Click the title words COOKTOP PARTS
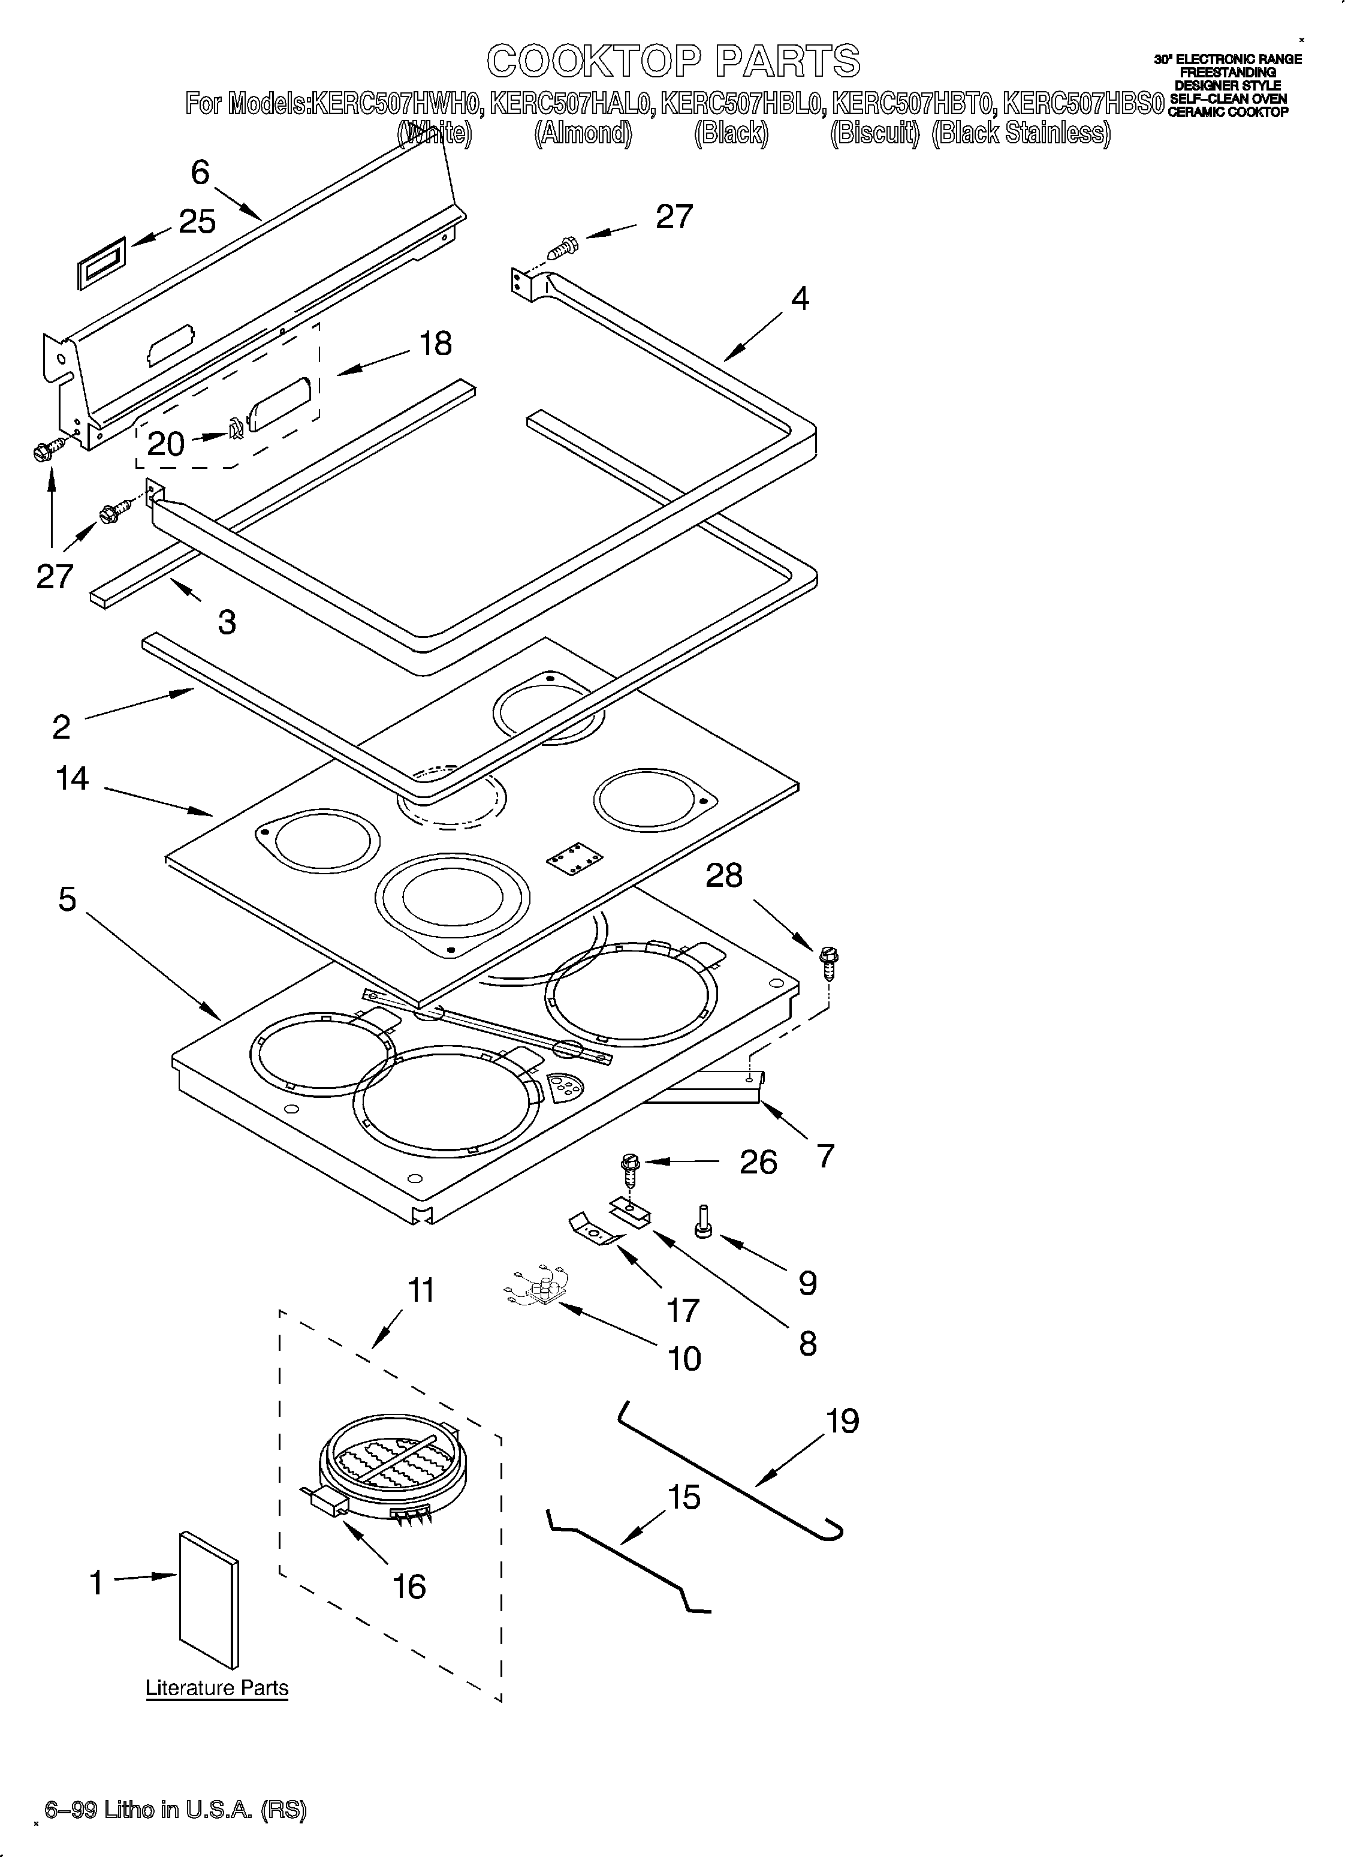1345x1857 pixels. coord(673,61)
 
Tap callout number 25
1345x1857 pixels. coord(197,222)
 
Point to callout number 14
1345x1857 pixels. coord(72,779)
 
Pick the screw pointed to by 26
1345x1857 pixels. coord(631,1172)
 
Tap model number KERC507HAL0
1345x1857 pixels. coord(571,104)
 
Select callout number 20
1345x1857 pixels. coord(165,444)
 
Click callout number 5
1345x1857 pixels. coord(67,899)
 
